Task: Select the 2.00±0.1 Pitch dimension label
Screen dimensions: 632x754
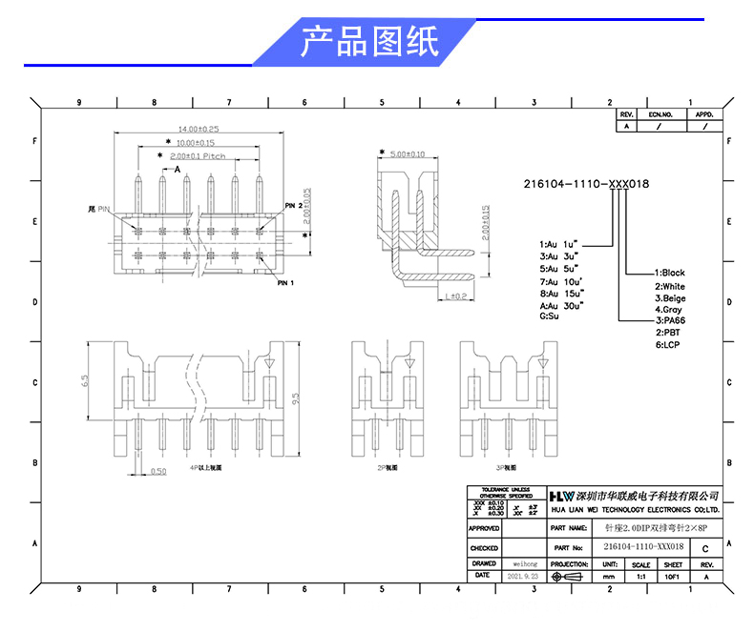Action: pyautogui.click(x=198, y=155)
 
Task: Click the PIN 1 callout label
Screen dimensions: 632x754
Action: pyautogui.click(x=285, y=283)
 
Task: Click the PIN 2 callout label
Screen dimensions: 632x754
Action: pyautogui.click(x=294, y=205)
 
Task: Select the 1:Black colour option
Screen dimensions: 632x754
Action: pyautogui.click(x=669, y=273)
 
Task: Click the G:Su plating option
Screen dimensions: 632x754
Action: pyautogui.click(x=549, y=316)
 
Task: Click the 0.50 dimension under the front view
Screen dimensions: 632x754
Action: pyautogui.click(x=158, y=471)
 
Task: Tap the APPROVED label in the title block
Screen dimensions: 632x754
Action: pyautogui.click(x=484, y=527)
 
